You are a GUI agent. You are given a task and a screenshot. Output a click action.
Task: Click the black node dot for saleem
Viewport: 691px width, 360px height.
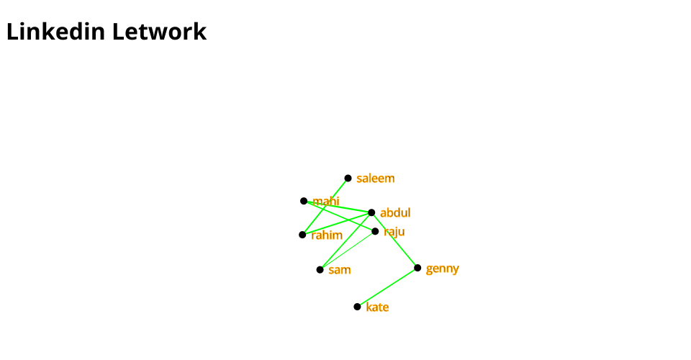coord(348,178)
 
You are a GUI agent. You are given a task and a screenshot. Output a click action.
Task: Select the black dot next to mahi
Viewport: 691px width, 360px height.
coord(304,201)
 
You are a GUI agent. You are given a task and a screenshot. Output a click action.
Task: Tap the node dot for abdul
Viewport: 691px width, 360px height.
coord(371,212)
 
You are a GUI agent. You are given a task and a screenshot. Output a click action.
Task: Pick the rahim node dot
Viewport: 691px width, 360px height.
coord(302,235)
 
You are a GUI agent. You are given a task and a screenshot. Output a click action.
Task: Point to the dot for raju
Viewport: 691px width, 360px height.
coord(375,231)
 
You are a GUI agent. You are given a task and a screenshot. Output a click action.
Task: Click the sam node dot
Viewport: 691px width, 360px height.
coord(320,269)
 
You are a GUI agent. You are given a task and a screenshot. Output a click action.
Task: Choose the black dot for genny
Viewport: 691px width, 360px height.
coord(417,268)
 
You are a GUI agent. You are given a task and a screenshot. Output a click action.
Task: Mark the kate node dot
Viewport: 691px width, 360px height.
coord(357,307)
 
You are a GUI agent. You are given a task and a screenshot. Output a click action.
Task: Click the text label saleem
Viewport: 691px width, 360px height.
coord(376,179)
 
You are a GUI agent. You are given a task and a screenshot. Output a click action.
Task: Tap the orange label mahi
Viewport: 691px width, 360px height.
coord(326,202)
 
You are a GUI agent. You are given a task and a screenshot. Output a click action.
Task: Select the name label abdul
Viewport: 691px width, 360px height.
coord(395,213)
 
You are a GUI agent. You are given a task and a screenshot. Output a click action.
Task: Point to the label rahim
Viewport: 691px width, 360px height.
coord(327,235)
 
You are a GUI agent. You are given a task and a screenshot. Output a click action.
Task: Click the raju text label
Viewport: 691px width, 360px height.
coord(394,232)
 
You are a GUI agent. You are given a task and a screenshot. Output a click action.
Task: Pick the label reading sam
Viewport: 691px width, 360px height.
coord(340,270)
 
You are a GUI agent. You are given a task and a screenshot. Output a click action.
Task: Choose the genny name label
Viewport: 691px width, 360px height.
coord(442,269)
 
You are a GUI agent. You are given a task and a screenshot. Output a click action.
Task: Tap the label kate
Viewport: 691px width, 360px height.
coord(377,307)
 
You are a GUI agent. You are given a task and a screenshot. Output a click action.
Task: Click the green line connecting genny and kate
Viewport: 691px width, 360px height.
coord(387,287)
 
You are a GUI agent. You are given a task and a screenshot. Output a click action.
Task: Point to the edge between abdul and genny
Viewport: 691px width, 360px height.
coord(394,240)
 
